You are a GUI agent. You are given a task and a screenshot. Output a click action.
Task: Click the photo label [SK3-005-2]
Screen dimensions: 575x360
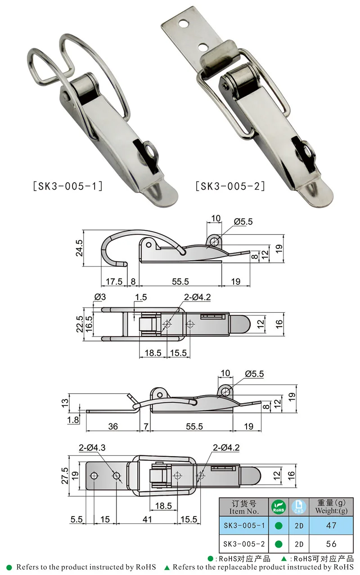click(x=230, y=185)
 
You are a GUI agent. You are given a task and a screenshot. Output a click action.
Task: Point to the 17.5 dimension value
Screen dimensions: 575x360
click(x=113, y=282)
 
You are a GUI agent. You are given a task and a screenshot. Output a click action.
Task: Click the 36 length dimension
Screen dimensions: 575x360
click(x=113, y=426)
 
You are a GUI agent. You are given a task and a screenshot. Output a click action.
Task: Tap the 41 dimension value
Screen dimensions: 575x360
click(x=147, y=520)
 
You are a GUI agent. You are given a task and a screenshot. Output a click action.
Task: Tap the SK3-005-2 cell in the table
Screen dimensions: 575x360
click(x=243, y=544)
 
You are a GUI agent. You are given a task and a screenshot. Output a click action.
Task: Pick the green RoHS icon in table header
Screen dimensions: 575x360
click(x=278, y=507)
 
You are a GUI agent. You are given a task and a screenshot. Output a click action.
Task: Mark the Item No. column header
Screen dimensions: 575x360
click(x=243, y=507)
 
